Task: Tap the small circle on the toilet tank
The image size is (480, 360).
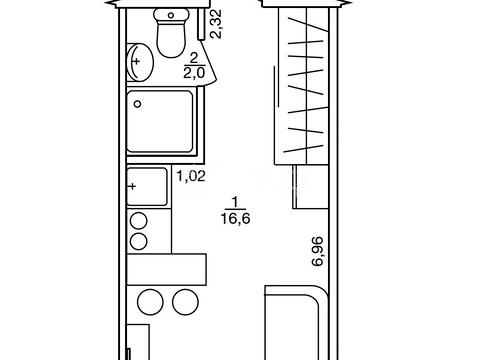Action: pos(171,15)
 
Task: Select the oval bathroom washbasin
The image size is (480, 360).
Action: pos(140,62)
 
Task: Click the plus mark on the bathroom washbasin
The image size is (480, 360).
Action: pos(136,61)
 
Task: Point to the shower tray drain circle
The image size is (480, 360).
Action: pos(137,104)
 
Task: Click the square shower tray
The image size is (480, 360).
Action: pos(160,121)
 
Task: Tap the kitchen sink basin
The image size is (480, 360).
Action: pos(147,186)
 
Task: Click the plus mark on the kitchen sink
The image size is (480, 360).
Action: pos(133,186)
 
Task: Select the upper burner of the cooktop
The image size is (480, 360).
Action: pos(139,221)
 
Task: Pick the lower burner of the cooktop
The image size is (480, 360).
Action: pos(139,241)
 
